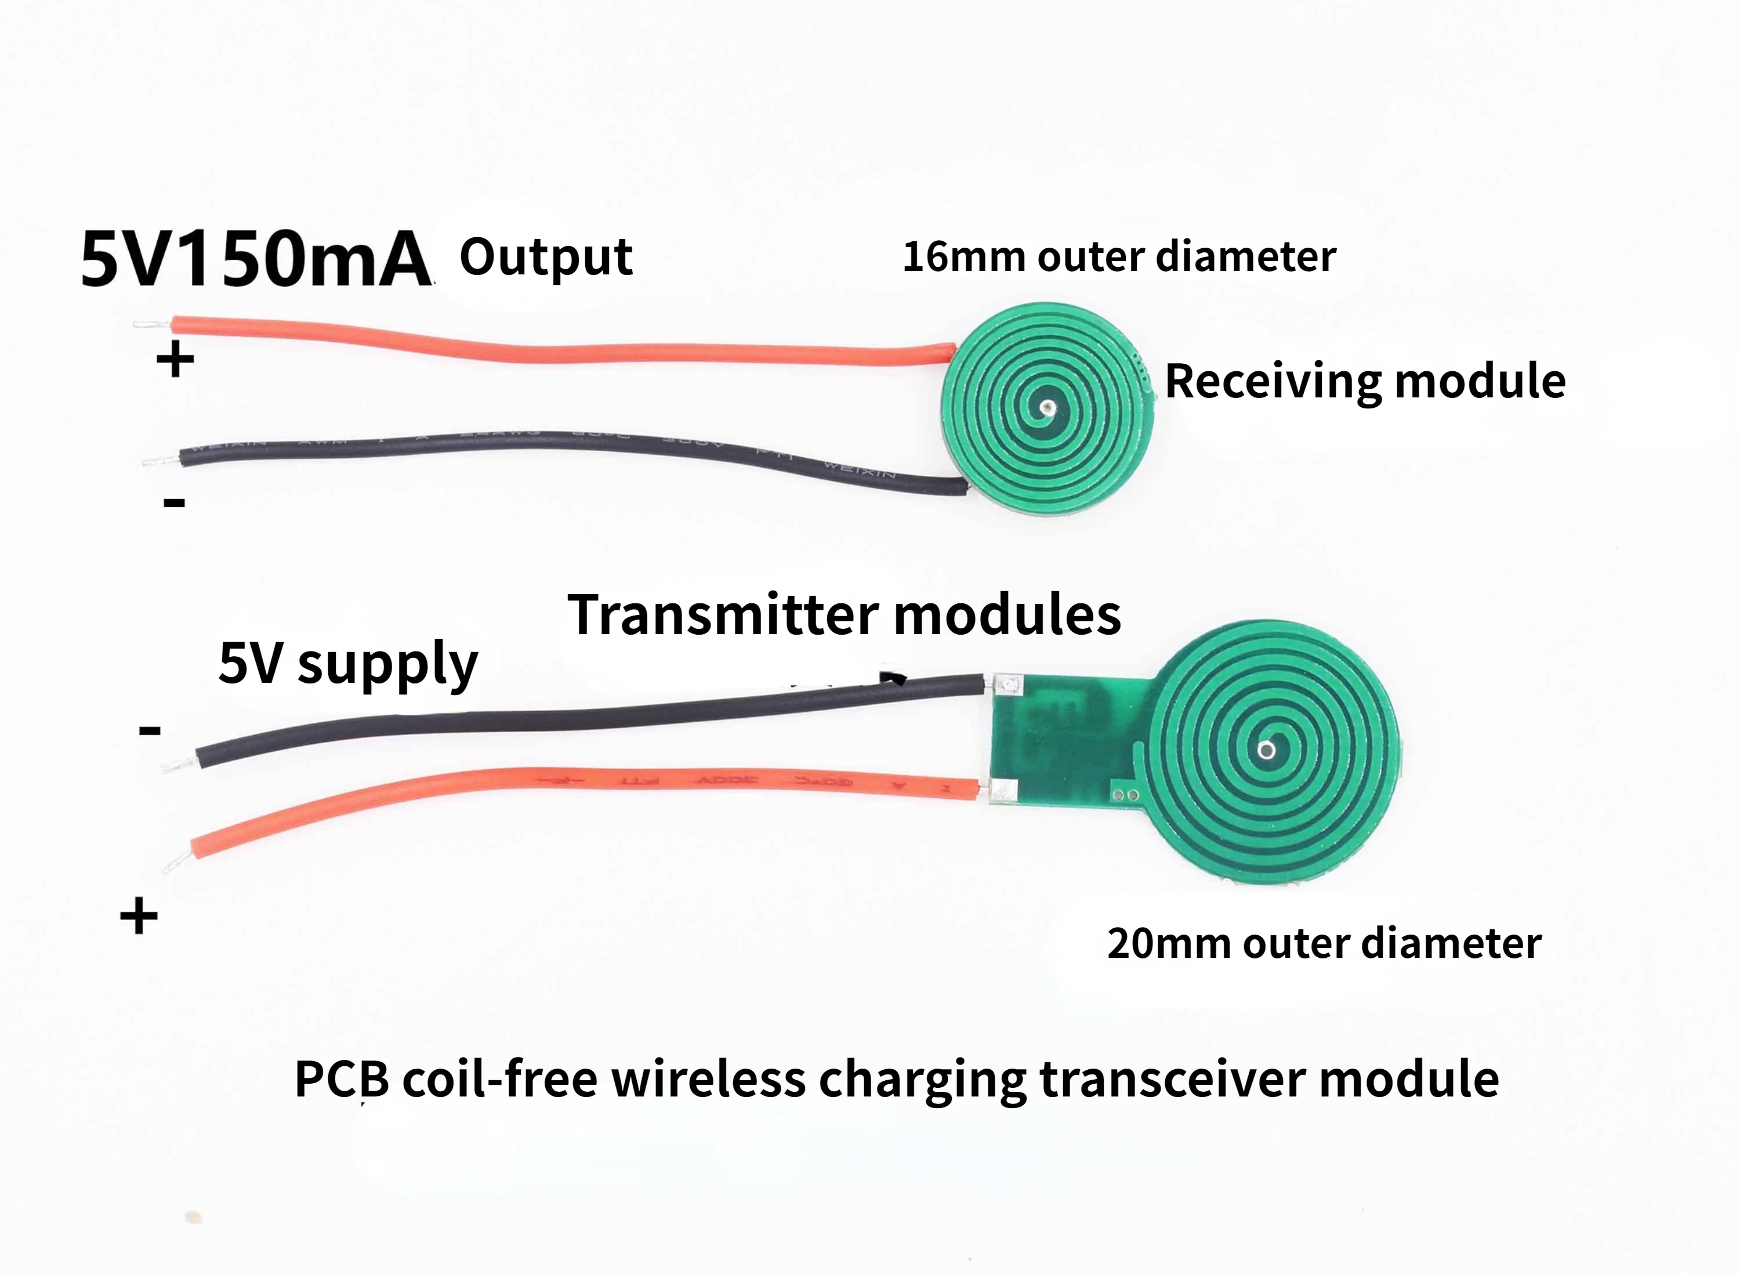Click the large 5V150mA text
tap(255, 258)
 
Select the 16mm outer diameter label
tap(1119, 257)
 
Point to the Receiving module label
tap(1365, 381)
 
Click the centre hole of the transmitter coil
tap(1264, 749)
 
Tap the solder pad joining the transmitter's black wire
tap(1006, 683)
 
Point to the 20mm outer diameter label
tap(1324, 943)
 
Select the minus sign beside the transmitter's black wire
tap(150, 730)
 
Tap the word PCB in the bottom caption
tap(342, 1079)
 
